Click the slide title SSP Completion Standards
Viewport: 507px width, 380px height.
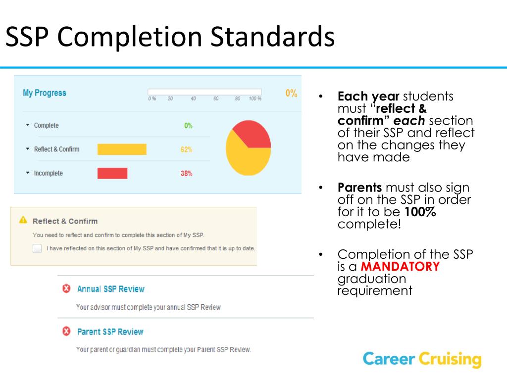click(170, 37)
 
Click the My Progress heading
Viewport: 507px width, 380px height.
click(44, 93)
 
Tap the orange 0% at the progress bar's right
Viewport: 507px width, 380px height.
click(291, 93)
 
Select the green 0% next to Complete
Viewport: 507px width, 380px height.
click(188, 126)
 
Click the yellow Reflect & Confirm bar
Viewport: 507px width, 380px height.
click(122, 149)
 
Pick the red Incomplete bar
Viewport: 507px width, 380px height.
click(112, 173)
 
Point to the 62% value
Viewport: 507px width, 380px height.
click(186, 149)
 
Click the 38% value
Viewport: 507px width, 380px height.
click(186, 174)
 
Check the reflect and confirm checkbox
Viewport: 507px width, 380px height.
click(37, 248)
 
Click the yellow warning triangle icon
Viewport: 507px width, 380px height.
click(23, 220)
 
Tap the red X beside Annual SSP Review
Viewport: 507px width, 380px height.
click(66, 288)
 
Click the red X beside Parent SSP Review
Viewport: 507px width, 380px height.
click(66, 332)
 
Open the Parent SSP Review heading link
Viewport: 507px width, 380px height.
click(110, 332)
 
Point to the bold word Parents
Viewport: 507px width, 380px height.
click(359, 188)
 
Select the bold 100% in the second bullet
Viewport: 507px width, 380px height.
click(420, 212)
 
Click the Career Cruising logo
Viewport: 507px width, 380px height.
click(422, 359)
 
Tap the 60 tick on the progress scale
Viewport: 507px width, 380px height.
click(216, 98)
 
